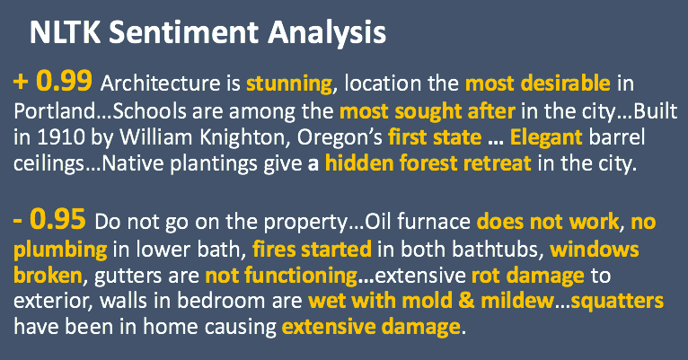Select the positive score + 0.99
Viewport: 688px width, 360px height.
(x=53, y=81)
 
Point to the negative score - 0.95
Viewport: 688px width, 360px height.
(x=49, y=219)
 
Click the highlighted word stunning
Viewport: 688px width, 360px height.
(x=289, y=84)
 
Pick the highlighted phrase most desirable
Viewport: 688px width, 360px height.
(x=537, y=83)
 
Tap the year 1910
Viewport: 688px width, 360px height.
(x=60, y=137)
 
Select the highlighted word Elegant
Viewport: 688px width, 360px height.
(x=546, y=137)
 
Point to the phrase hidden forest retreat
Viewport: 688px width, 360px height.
(x=428, y=163)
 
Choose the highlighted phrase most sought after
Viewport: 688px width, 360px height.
(x=428, y=112)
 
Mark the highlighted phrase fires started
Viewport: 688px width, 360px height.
(x=312, y=249)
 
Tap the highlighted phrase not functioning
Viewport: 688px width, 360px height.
(x=281, y=277)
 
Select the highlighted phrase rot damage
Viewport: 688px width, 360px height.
(x=528, y=277)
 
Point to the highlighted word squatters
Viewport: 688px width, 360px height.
(x=617, y=302)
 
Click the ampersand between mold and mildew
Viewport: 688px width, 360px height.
(x=466, y=301)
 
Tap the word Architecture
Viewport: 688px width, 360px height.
(x=161, y=83)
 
